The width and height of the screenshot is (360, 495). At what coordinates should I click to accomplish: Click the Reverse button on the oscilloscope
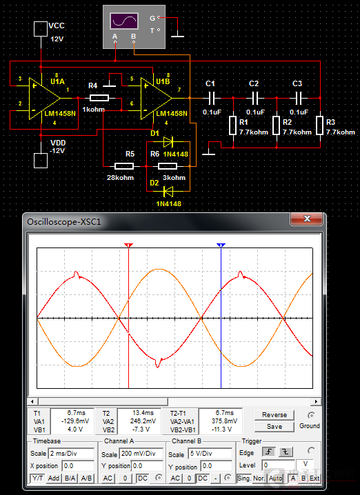(274, 415)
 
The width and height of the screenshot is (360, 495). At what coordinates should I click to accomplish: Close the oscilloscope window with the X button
(307, 219)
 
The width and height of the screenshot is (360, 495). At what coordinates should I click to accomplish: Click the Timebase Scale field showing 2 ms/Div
(71, 454)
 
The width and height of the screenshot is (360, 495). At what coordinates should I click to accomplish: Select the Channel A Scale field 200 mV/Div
(141, 454)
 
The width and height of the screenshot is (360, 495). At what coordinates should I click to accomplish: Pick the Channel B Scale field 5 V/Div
(210, 454)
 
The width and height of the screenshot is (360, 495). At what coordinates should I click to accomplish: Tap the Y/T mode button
(37, 478)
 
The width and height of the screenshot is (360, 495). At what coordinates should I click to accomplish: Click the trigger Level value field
(278, 465)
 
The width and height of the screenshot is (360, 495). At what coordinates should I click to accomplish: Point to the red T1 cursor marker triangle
(128, 245)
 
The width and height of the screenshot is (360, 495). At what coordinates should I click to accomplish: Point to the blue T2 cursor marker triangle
(221, 245)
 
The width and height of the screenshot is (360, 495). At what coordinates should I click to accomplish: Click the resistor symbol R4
(99, 98)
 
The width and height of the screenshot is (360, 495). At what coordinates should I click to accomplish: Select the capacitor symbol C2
(255, 98)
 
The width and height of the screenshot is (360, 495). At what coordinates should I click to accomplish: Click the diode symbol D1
(168, 142)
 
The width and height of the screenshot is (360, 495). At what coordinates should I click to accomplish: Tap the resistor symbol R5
(123, 165)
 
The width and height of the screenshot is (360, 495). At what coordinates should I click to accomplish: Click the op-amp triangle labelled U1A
(43, 98)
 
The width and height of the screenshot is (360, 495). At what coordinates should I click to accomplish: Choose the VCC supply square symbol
(41, 29)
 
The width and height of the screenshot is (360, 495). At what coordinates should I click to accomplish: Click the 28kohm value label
(120, 177)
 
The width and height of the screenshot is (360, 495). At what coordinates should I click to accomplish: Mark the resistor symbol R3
(320, 125)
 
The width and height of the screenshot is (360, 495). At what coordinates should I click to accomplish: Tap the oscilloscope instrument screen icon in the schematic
(123, 21)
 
